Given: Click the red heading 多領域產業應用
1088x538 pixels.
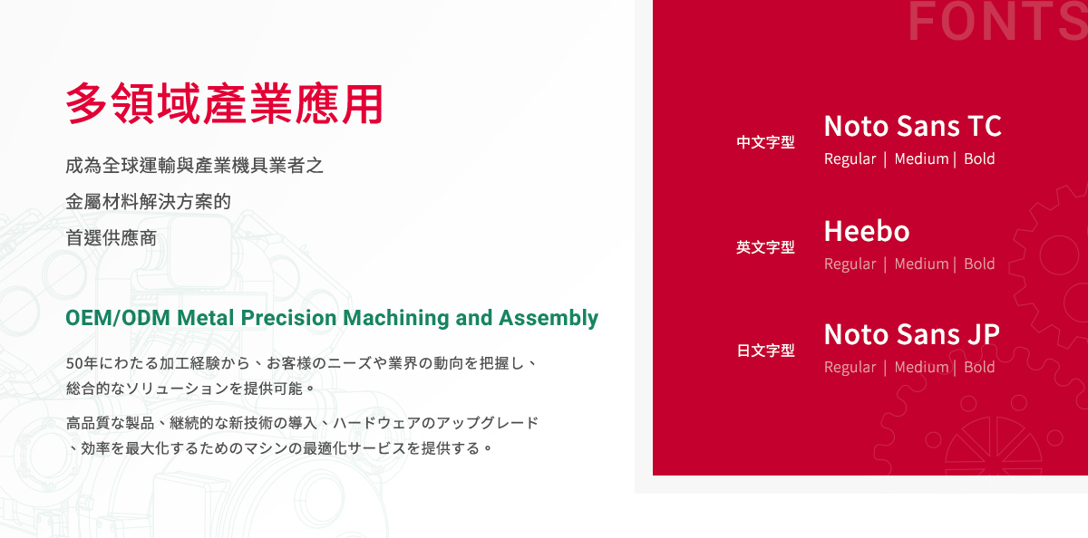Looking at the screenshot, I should pyautogui.click(x=224, y=104).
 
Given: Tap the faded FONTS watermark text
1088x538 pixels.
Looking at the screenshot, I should pyautogui.click(x=996, y=23).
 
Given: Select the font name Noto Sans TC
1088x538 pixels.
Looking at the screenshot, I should pyautogui.click(x=912, y=126).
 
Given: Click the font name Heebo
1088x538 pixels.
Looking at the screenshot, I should pyautogui.click(x=866, y=231).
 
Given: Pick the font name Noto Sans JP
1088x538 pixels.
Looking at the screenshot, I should pyautogui.click(x=911, y=334).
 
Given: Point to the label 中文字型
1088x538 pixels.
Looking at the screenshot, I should pyautogui.click(x=765, y=142).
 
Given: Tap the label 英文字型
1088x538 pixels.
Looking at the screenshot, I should pyautogui.click(x=765, y=247).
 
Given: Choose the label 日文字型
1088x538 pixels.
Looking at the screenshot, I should pyautogui.click(x=765, y=351).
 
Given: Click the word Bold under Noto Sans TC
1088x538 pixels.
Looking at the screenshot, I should pyautogui.click(x=979, y=159).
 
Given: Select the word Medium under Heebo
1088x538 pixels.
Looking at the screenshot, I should pyautogui.click(x=921, y=264).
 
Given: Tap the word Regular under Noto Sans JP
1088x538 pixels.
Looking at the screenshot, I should pyautogui.click(x=850, y=368).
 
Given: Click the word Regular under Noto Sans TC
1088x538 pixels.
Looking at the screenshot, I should pyautogui.click(x=850, y=159).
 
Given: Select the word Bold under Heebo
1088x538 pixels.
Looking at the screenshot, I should pyautogui.click(x=979, y=264).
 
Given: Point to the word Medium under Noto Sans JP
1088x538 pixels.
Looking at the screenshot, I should pyautogui.click(x=921, y=368).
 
